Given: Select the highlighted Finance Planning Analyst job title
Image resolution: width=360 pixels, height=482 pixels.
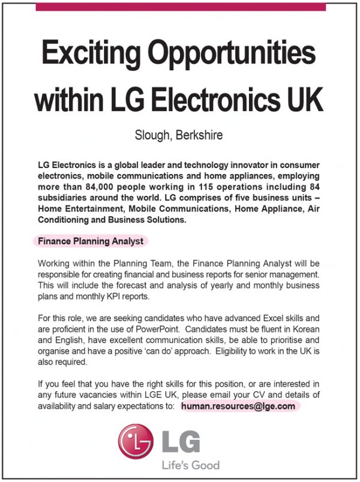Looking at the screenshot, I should click(x=91, y=241).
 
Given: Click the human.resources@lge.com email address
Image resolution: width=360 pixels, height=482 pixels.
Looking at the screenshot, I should click(x=238, y=406).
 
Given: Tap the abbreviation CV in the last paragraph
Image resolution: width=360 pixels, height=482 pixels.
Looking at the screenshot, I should click(x=264, y=395).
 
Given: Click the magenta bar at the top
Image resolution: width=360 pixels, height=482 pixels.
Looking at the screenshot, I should click(x=181, y=7).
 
